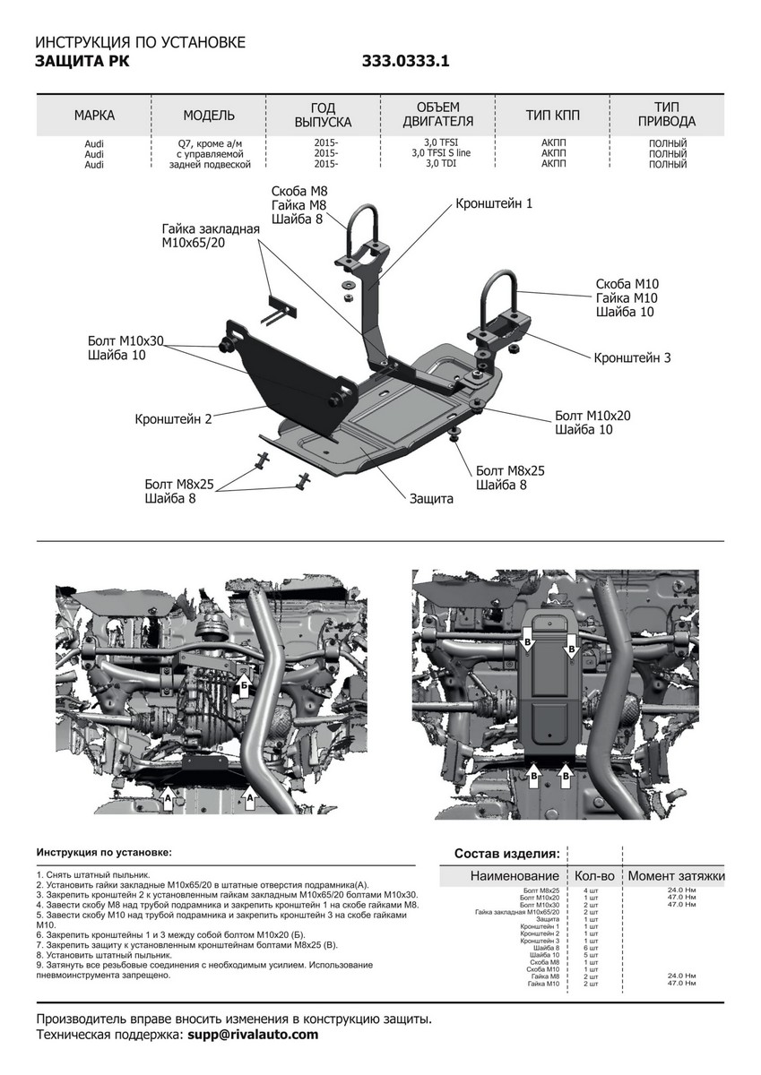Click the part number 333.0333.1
[405, 62]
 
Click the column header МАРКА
[94, 116]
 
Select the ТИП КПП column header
[554, 116]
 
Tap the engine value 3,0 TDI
[440, 164]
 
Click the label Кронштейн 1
[494, 203]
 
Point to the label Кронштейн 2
[174, 418]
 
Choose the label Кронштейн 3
[632, 357]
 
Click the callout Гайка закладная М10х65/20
[211, 236]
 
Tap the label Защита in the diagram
[432, 498]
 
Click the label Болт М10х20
[592, 416]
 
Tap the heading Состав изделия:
[507, 853]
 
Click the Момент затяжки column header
[676, 875]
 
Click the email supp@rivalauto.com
[253, 1035]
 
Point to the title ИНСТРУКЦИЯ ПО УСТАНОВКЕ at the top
[140, 42]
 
